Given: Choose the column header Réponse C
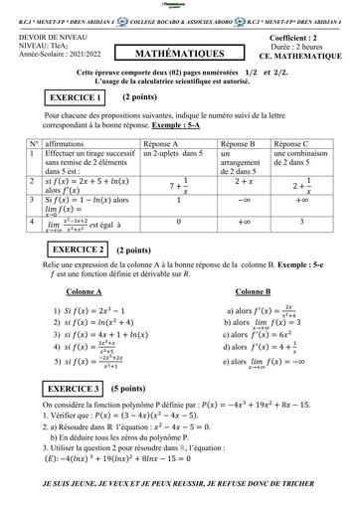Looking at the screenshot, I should pyautogui.click(x=292, y=145).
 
